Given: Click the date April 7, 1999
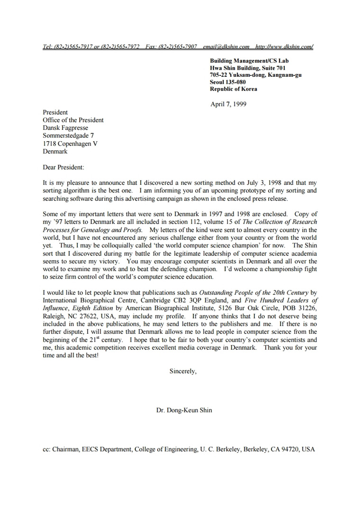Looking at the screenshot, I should coord(228,104).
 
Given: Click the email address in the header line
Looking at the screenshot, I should coord(226,47).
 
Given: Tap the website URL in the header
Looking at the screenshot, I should coord(284,47).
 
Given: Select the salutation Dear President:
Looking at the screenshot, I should coord(63,167).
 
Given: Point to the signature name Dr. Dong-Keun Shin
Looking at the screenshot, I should coord(184,410).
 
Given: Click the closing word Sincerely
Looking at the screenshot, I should coord(183,372).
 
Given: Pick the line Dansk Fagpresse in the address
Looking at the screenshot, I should coord(65,128).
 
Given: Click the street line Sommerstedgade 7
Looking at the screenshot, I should coord(68,136).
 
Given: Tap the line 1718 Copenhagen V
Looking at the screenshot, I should coord(70,144).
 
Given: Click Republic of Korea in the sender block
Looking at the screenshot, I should coord(234,89).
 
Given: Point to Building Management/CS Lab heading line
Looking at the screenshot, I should coord(249,61).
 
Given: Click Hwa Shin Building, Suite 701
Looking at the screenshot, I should coord(248,68).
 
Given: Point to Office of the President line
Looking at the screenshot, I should coord(73,120).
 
